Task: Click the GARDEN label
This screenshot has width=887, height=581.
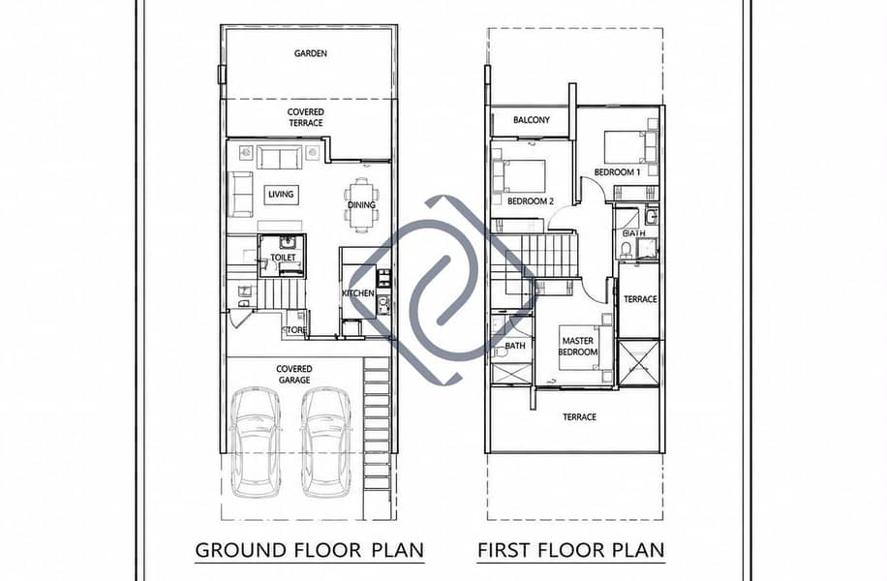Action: coord(310,54)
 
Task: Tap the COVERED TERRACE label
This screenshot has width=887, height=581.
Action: coord(305,118)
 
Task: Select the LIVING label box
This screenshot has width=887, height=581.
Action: coord(281,195)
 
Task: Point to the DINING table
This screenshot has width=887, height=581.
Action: coord(361,204)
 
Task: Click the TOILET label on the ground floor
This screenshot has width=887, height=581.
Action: coord(283,258)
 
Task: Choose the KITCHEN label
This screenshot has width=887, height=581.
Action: coord(358,293)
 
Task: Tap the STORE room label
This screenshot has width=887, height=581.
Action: coord(294,330)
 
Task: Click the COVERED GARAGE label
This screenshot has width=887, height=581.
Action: coord(294,375)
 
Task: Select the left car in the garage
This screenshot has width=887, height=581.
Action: coord(256,442)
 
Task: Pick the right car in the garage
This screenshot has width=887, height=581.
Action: coord(326,442)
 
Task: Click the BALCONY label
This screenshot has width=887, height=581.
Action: coord(532,120)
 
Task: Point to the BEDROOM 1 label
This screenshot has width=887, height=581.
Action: coord(617,172)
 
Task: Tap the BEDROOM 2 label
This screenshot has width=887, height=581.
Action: coord(531,200)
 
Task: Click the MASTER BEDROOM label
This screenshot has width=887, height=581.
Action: coord(578,347)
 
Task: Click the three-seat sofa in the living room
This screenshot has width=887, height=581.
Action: coord(280,157)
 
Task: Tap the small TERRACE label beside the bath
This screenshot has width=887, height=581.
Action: coord(640,299)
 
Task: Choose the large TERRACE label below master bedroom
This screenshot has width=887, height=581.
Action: coord(579,417)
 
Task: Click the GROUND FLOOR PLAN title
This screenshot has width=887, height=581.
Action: coord(310,550)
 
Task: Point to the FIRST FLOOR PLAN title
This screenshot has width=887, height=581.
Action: coord(571,550)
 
